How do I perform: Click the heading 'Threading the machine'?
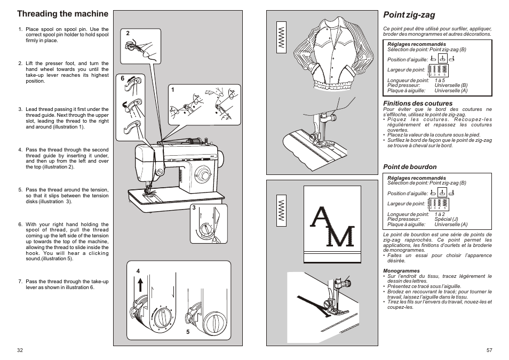click(62, 13)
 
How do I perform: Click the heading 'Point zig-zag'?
click(402, 15)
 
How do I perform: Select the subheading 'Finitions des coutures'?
click(418, 103)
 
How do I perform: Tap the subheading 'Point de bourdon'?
click(410, 167)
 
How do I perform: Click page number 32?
click(20, 350)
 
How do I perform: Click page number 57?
click(489, 350)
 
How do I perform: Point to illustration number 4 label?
click(138, 271)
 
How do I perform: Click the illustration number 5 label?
click(187, 332)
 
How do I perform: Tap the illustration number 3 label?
click(194, 208)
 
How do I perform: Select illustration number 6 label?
click(122, 78)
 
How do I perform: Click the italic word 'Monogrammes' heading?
click(401, 271)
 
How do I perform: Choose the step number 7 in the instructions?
click(20, 282)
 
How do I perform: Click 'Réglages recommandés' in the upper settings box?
click(409, 44)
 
